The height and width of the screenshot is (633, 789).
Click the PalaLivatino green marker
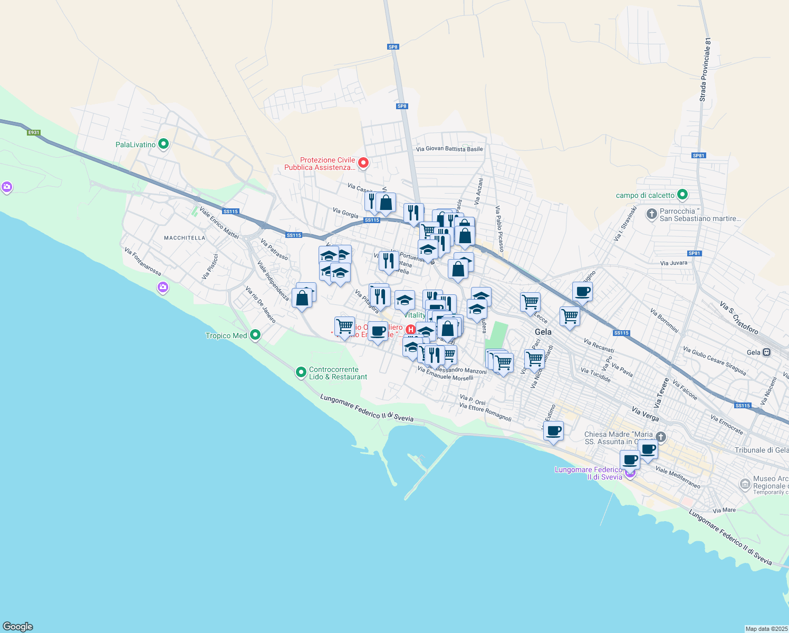pos(163,143)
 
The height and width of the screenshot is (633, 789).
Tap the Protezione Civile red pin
pos(363,162)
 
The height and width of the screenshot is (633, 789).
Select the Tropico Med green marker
pos(255,335)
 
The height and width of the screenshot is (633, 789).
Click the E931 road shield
pos(34,132)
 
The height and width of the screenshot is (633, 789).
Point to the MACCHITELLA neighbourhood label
pos(185,238)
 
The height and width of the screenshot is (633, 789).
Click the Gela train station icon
pos(767,352)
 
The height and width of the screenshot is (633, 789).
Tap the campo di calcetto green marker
pos(682,195)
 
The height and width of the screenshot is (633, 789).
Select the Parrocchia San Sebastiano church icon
pos(652,214)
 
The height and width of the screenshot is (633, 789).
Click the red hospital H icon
pos(411,330)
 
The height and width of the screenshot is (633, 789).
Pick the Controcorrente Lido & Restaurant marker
pos(301,372)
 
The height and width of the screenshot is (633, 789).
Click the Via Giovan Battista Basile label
pos(449,149)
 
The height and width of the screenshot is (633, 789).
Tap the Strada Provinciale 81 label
pos(705,69)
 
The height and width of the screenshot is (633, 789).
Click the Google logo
pos(18,627)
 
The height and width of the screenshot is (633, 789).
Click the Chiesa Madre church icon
pos(661,437)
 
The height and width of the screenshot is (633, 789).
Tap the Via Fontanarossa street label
pos(143,262)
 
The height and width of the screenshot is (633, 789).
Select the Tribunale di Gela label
pos(761,450)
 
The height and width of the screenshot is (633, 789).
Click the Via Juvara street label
pos(673,263)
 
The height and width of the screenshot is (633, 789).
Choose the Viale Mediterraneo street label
pos(678,477)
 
